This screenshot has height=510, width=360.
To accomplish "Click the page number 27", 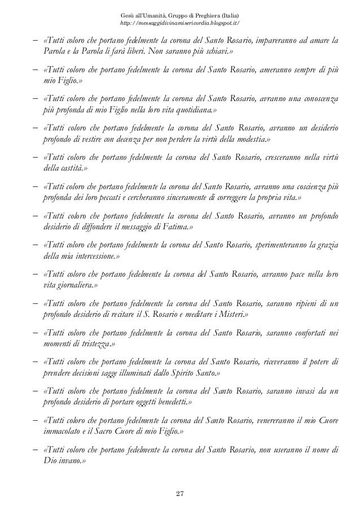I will pyautogui.click(x=179, y=495).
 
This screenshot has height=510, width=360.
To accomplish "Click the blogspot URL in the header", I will pyautogui.click(x=181, y=23).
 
